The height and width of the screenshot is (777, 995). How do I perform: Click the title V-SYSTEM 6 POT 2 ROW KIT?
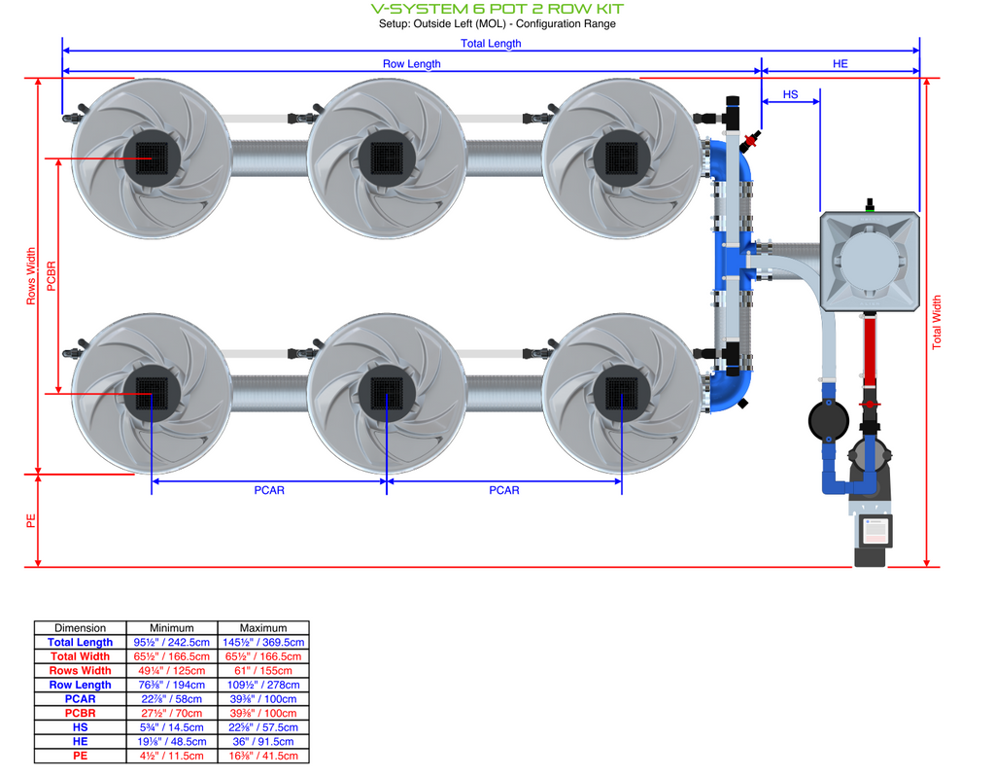coord(497,9)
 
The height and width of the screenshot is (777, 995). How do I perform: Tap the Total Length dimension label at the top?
coord(491,43)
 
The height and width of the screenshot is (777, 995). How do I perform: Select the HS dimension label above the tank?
coord(790,94)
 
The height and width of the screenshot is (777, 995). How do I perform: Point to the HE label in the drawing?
coord(841,63)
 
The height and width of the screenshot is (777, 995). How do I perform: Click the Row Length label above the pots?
coord(411,63)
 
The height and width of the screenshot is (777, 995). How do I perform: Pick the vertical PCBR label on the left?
coord(51,276)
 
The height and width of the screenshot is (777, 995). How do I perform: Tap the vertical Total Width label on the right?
coord(937,322)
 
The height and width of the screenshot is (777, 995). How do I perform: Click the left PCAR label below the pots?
coord(269,490)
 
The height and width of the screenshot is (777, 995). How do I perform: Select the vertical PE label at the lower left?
coord(31,521)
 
